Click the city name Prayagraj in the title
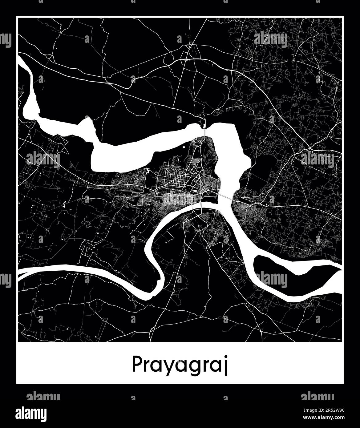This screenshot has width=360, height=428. [x=180, y=365]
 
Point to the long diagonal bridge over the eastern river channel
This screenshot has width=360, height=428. [x=226, y=197]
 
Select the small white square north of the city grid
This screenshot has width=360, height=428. [x=184, y=147]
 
